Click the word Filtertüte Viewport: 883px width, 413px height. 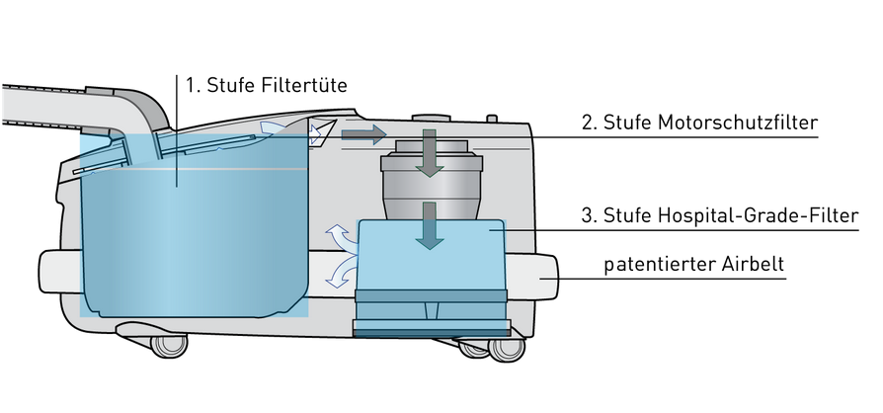tap(304, 85)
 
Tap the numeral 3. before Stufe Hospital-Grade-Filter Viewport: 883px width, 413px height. tap(589, 216)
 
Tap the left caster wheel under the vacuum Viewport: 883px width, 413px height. tap(167, 345)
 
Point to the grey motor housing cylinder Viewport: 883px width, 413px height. tap(428, 183)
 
